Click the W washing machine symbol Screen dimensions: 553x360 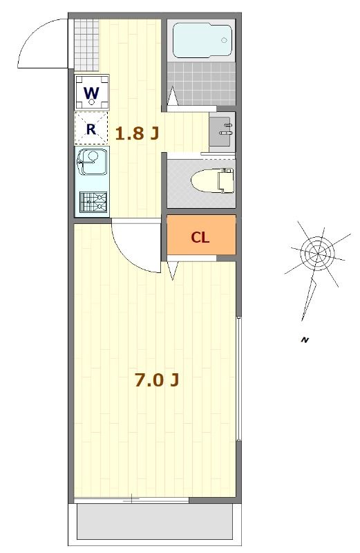point(91,91)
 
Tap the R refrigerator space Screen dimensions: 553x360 point(91,128)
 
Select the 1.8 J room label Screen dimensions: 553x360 point(137,133)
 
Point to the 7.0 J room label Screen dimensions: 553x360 point(158,380)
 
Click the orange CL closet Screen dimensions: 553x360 point(201,237)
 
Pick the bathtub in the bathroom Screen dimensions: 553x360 point(201,40)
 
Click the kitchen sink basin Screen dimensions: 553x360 point(91,165)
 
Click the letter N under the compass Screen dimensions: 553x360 point(304,339)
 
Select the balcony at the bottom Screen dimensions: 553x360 point(154,522)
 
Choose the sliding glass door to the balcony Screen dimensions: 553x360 point(131,498)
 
